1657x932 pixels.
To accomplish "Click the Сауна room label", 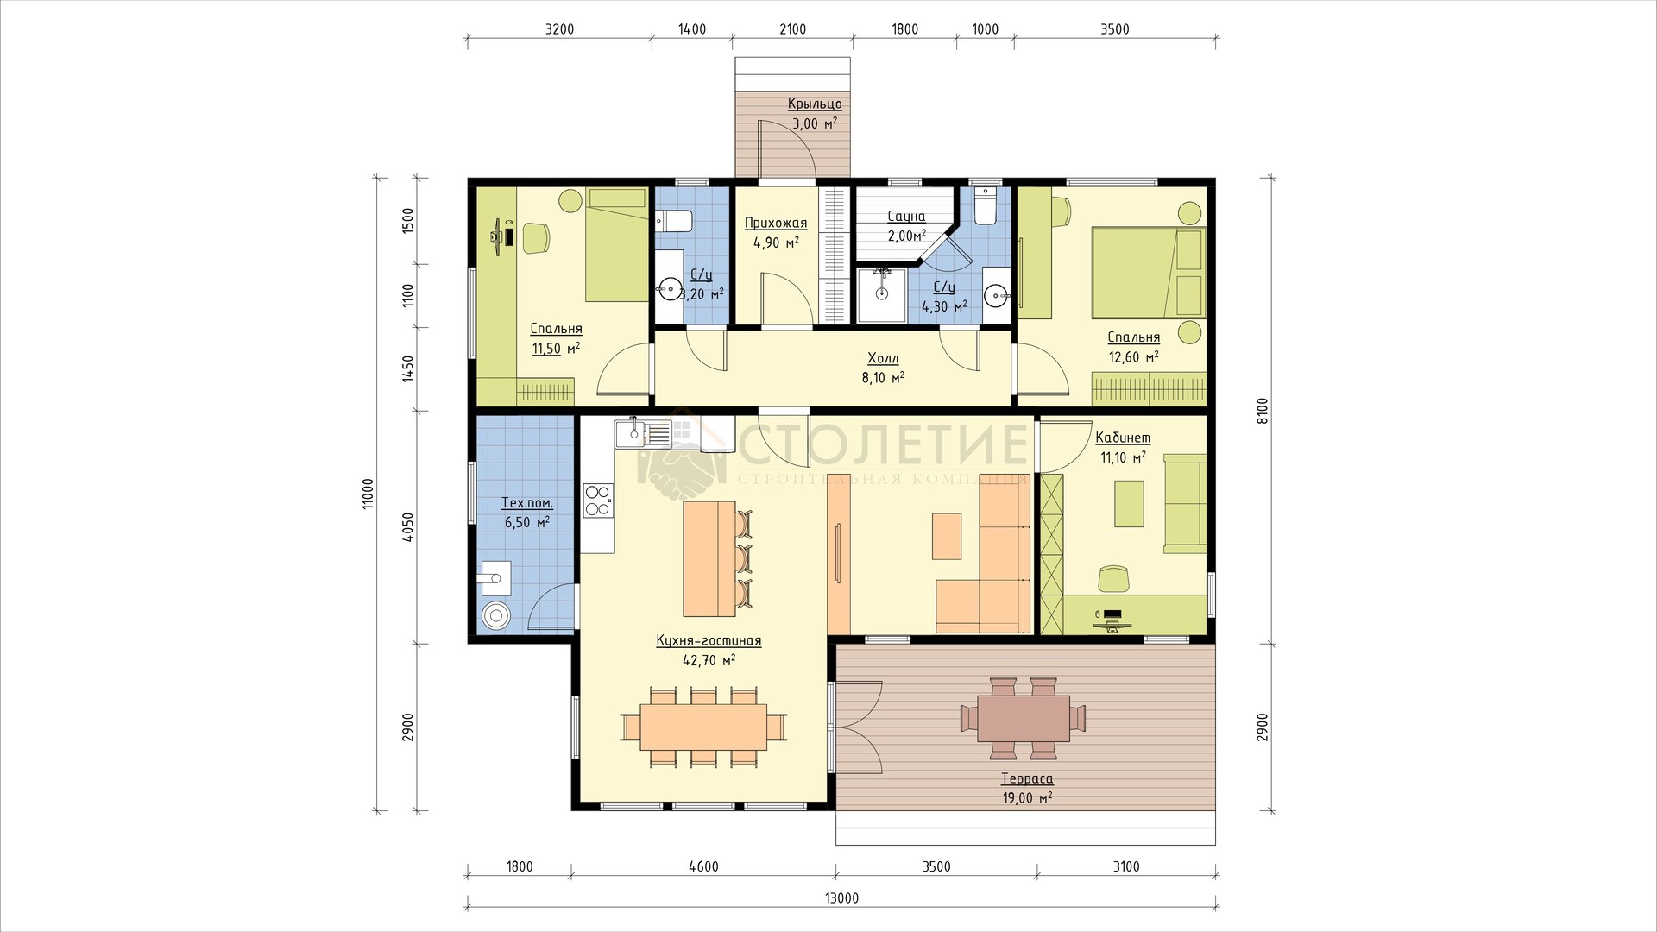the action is pyautogui.click(x=905, y=217).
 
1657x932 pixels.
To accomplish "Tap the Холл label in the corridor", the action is pyautogui.click(x=883, y=358).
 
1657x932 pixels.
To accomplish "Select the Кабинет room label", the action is pyautogui.click(x=1122, y=438).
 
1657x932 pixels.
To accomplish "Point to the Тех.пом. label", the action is pyautogui.click(x=527, y=503).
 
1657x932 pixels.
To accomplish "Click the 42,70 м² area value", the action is pyautogui.click(x=708, y=660).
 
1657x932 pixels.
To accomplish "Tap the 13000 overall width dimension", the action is pyautogui.click(x=841, y=898).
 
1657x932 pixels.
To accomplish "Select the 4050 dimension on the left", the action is pyautogui.click(x=409, y=527).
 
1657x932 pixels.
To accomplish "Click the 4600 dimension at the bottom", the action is pyautogui.click(x=704, y=867).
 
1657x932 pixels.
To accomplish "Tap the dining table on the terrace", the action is pyautogui.click(x=1023, y=718).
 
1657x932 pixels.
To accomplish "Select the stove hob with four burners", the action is pyautogui.click(x=597, y=501).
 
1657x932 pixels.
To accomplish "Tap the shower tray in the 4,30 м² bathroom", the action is pyautogui.click(x=881, y=295).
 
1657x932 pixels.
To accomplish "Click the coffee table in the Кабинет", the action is pyautogui.click(x=1129, y=504).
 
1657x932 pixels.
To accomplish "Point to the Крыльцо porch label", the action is pyautogui.click(x=815, y=104).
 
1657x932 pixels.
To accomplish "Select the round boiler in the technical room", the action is pyautogui.click(x=496, y=616).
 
